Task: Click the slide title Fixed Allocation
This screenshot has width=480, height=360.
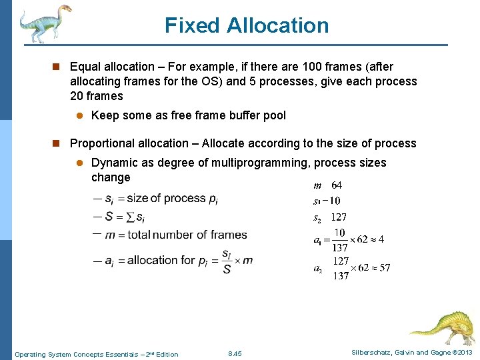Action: tap(247, 25)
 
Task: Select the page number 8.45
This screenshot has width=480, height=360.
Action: tap(235, 353)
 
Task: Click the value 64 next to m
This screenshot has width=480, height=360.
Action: tap(337, 185)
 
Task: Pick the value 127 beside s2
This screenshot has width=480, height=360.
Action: tap(339, 217)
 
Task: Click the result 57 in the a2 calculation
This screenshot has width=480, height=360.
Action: tap(384, 268)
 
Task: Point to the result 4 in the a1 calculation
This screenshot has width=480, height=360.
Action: tap(381, 239)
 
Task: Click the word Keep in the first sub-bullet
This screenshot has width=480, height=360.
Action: tap(103, 115)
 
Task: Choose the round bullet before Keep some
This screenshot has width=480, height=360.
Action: tap(78, 115)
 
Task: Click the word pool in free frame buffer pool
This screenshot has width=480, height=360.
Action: tap(274, 115)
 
